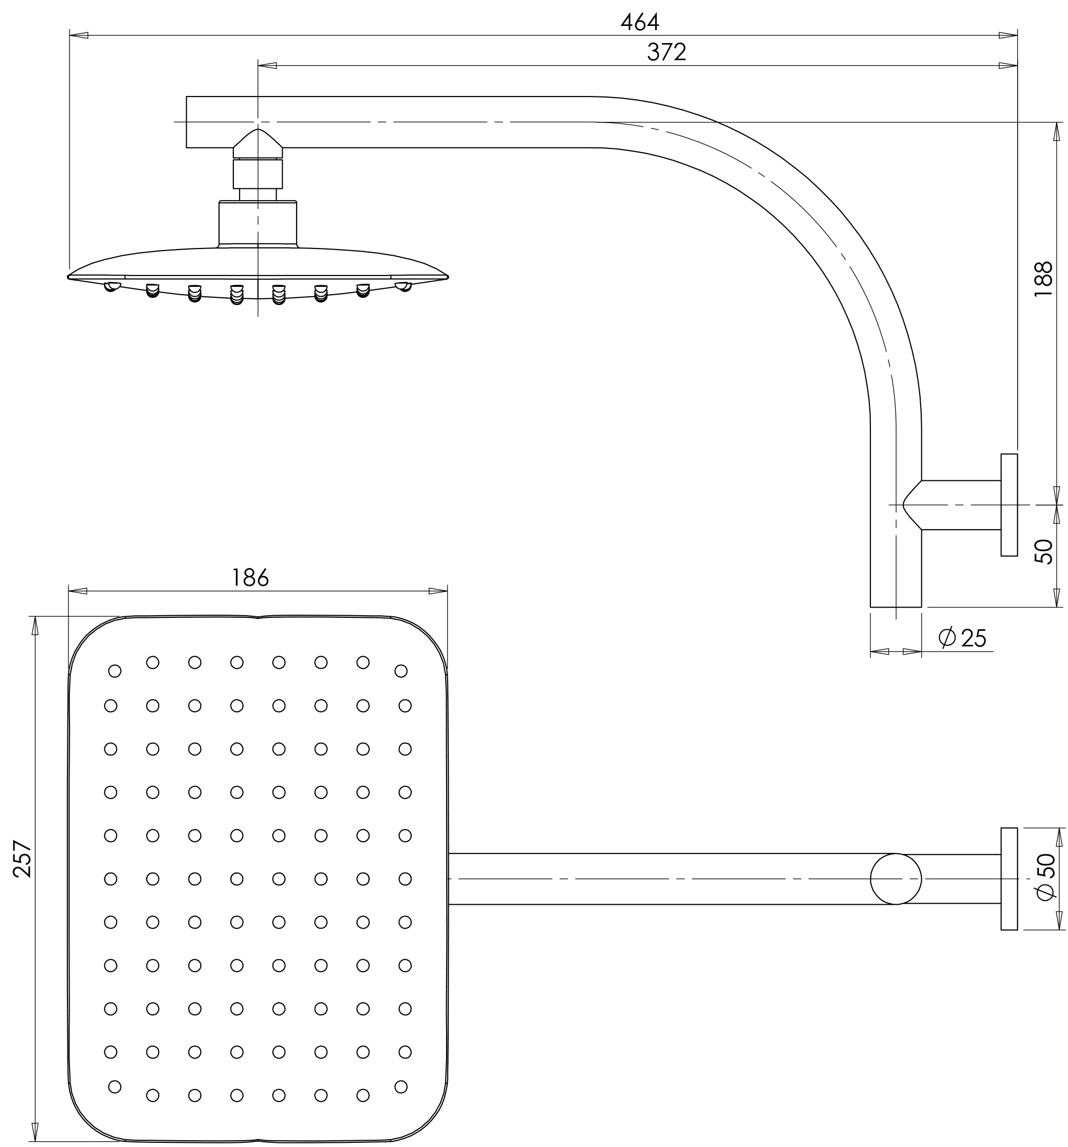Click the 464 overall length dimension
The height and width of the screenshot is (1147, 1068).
640,22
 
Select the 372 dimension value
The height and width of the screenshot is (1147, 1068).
667,52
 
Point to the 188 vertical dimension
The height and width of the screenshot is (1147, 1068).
1043,279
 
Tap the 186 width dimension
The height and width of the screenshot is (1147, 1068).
250,577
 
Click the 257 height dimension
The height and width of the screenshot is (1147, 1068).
22,859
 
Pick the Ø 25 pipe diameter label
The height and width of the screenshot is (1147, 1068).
962,638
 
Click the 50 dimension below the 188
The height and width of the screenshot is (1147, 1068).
1044,551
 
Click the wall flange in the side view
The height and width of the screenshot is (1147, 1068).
1008,505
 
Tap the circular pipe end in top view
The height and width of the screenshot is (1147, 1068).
895,879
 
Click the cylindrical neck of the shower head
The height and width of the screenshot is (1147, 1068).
257,223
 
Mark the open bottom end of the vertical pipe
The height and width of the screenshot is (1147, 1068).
895,606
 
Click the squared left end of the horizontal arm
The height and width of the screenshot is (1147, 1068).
188,122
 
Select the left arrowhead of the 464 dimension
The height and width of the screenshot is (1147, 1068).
78,35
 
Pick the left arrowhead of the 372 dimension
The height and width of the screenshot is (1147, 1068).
267,65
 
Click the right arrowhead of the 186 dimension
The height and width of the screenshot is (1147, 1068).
438,591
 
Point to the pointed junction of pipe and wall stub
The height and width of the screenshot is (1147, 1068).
906,505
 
